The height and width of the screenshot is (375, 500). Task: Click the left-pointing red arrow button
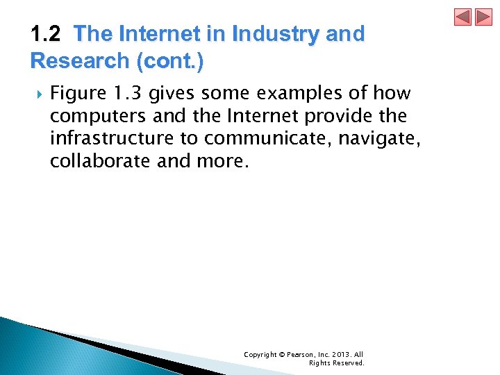pos(463,17)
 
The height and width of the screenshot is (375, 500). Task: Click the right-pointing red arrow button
pos(483,17)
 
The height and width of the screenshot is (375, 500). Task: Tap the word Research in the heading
pos(77,61)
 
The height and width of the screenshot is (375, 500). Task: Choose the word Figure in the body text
pos(76,93)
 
